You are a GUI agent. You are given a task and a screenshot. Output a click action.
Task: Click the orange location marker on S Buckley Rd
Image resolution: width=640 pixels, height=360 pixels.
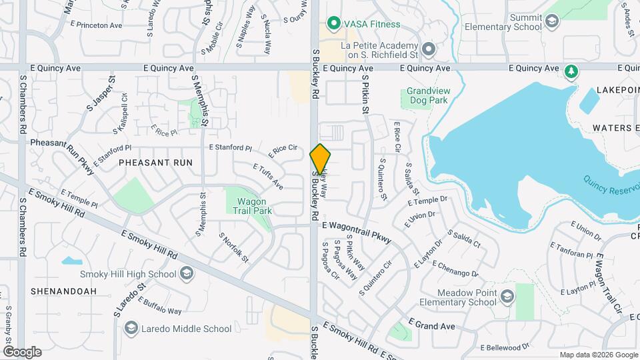(x=321, y=158)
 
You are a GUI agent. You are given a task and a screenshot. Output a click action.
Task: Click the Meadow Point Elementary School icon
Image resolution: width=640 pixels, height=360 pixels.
(x=506, y=297)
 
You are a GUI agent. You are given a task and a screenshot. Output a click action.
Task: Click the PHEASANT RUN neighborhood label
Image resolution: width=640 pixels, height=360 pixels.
(x=155, y=163)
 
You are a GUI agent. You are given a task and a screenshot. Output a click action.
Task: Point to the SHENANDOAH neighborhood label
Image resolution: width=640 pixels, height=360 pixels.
(x=63, y=291)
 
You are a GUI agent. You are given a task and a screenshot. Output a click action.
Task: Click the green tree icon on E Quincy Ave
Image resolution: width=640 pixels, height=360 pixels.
(x=571, y=71)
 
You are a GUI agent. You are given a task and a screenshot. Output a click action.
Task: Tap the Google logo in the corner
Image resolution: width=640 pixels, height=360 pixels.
(x=22, y=351)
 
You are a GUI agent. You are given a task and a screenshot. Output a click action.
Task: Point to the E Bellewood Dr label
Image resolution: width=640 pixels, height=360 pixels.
(x=505, y=347)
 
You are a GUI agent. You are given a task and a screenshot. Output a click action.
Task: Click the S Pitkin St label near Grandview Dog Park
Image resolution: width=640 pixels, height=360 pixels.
(x=365, y=94)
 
